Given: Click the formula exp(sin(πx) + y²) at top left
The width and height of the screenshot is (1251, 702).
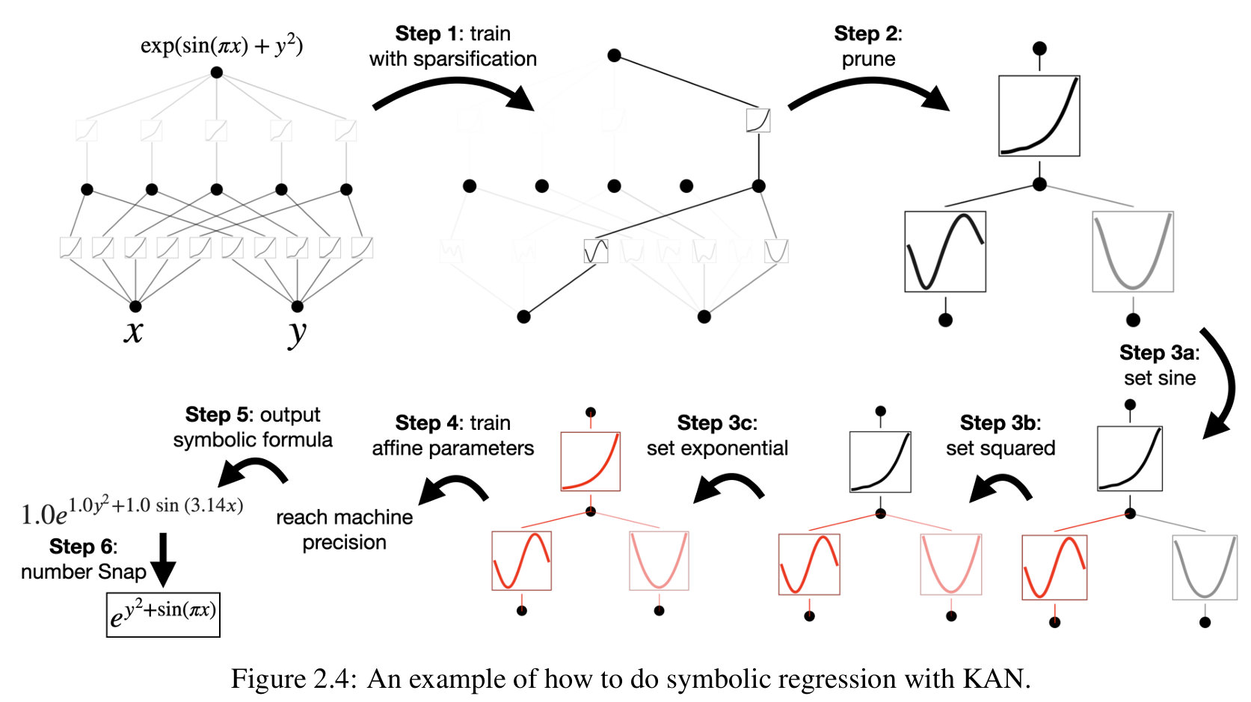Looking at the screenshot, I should (x=221, y=46).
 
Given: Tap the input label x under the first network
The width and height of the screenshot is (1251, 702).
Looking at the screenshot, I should (x=133, y=331).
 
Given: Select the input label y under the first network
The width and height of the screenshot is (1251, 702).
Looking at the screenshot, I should (x=297, y=333).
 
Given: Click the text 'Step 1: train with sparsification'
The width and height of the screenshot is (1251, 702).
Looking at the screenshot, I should (x=452, y=46).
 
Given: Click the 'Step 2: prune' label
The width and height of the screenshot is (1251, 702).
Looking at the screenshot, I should (x=868, y=46).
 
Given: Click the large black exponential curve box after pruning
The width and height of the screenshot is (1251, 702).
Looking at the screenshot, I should (x=1039, y=116).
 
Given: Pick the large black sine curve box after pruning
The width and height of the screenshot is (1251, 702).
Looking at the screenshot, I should (x=945, y=251).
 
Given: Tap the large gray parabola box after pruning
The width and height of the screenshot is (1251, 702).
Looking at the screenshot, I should (x=1133, y=251).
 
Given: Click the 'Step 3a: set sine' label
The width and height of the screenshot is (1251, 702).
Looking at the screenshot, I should (x=1159, y=366).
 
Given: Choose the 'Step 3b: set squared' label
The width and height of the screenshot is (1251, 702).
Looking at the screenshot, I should (x=1001, y=436).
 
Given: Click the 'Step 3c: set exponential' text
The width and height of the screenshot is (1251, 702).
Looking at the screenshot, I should (x=717, y=436).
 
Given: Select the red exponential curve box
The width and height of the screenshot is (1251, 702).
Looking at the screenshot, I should (x=590, y=461).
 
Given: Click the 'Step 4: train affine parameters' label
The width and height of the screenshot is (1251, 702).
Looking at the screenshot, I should (x=452, y=436).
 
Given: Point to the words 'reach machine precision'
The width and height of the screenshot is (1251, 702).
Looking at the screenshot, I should (x=344, y=529).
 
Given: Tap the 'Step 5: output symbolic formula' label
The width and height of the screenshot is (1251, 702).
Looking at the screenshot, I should (x=253, y=427).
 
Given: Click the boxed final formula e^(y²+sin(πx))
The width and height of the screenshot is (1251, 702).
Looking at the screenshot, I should (x=163, y=615).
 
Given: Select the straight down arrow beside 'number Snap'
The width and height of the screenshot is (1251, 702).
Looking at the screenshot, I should (x=163, y=559).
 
